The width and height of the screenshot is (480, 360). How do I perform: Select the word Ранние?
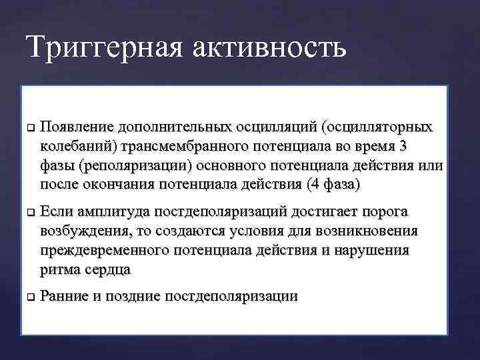coord(64,297)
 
